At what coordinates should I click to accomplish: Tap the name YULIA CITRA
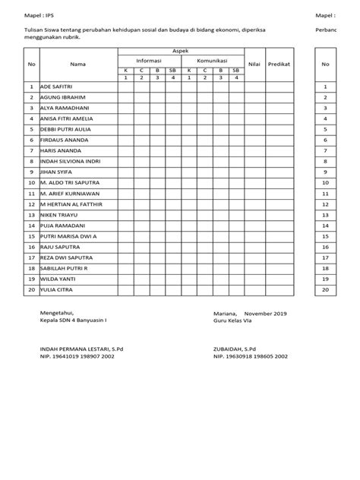coord(56,289)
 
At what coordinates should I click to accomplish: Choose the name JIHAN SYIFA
coord(54,172)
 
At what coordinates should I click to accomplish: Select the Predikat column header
coord(279,65)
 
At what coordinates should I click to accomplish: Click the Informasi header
coord(148,59)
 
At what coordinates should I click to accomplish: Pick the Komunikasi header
coord(212,59)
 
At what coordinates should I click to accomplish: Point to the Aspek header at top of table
coord(180,49)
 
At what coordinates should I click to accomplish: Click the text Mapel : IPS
coord(39,14)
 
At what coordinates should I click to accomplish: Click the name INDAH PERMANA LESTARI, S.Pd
coord(81,349)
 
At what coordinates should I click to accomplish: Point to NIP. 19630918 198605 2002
coord(252,355)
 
